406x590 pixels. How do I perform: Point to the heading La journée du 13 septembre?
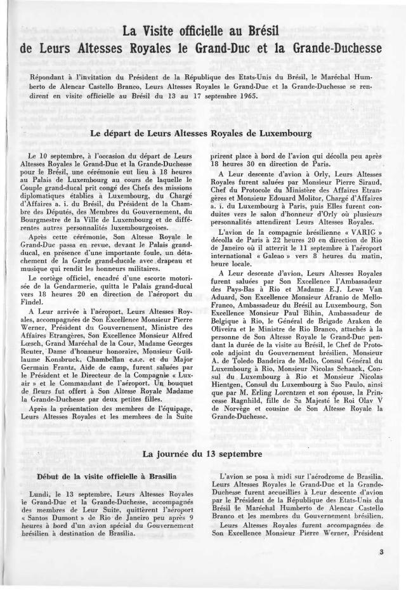pyautogui.click(x=202, y=454)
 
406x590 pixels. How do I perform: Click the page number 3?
pyautogui.click(x=381, y=552)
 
